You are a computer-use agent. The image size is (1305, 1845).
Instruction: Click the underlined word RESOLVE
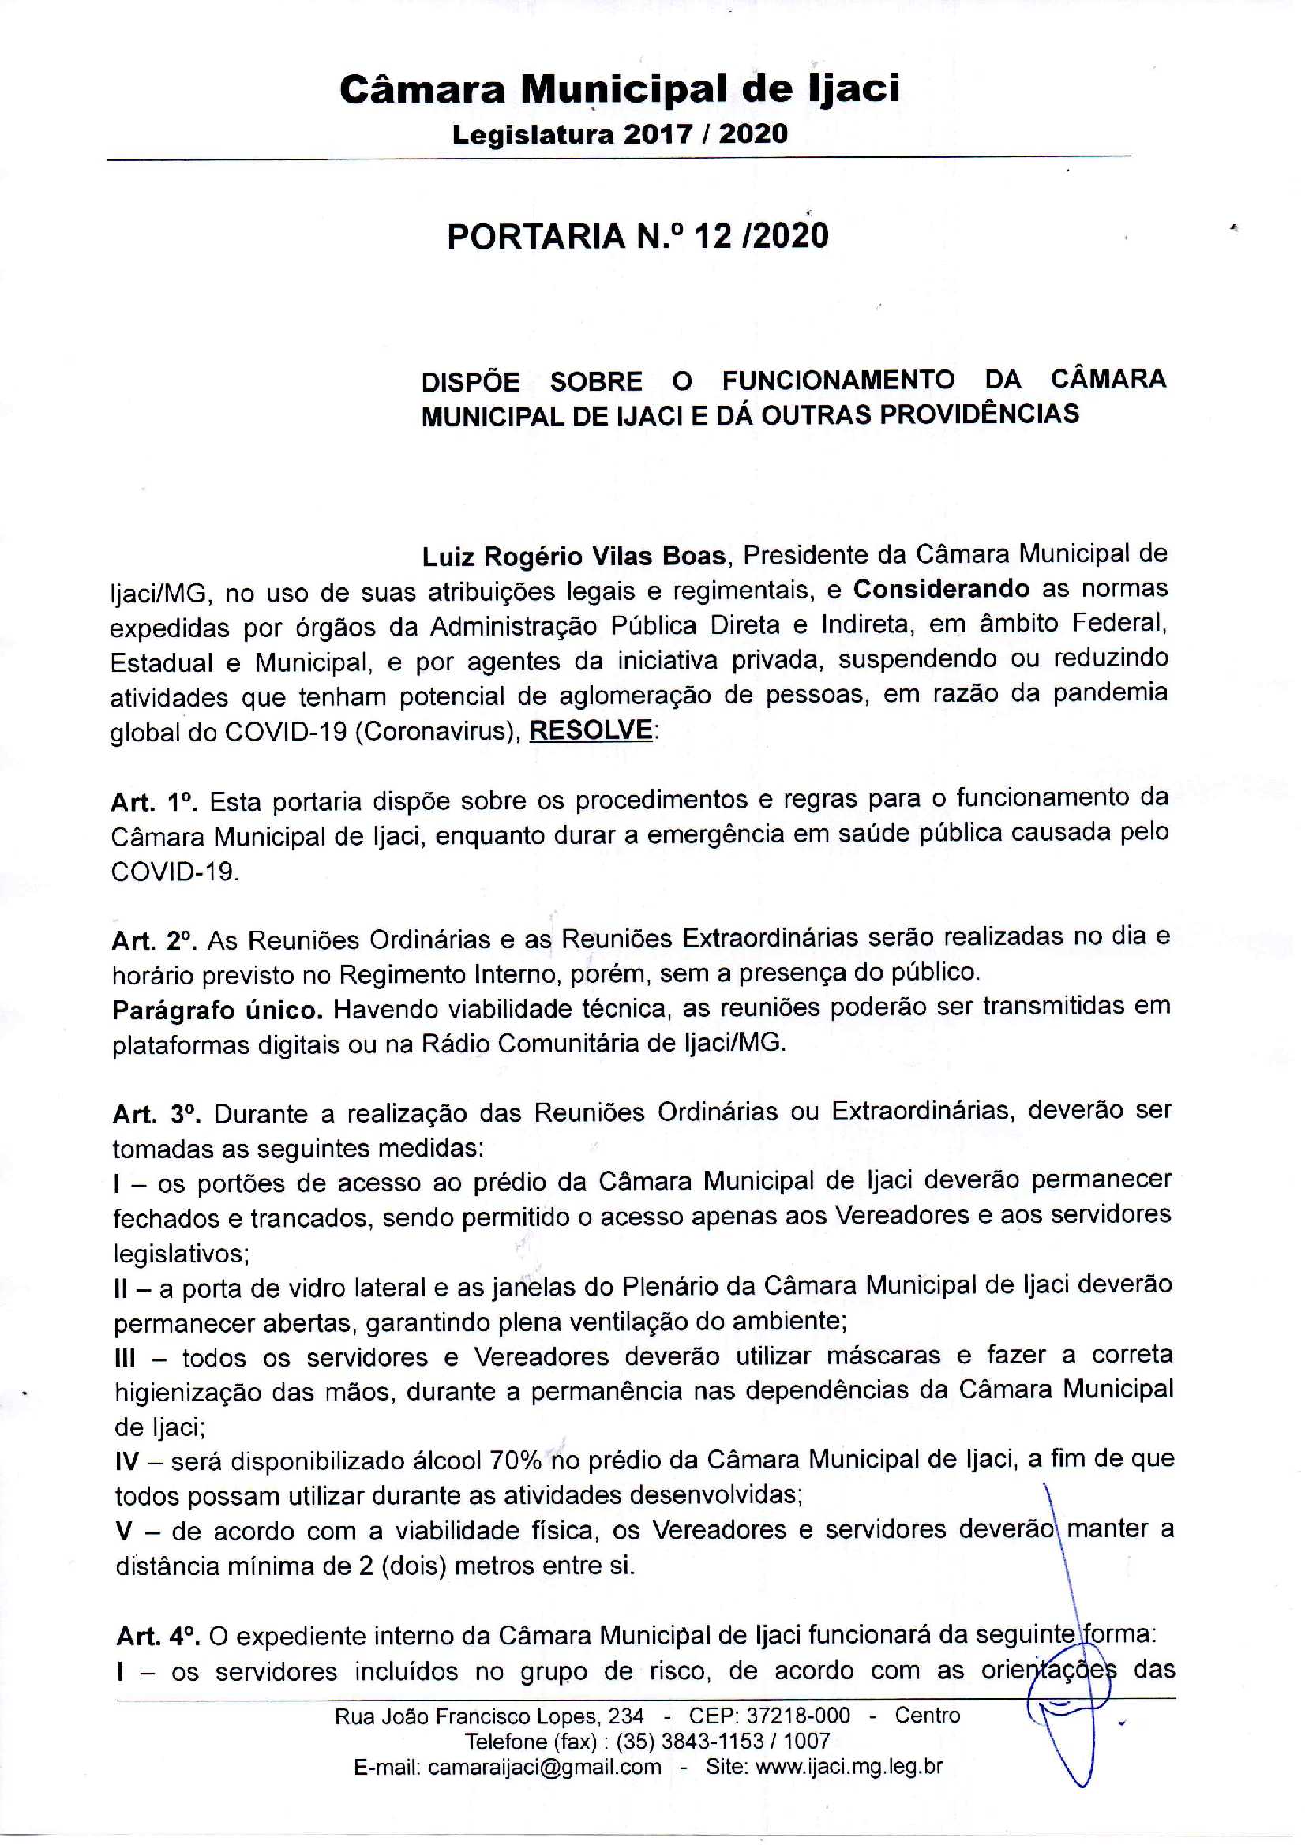(x=591, y=730)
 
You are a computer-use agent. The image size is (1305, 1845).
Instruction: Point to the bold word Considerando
(x=941, y=590)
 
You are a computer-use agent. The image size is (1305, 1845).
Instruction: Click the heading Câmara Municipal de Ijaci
(x=620, y=89)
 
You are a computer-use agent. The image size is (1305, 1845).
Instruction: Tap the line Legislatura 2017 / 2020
(x=620, y=133)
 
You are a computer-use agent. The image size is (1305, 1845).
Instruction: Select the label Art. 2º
(x=155, y=939)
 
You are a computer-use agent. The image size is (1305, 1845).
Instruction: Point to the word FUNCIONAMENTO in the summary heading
(x=838, y=379)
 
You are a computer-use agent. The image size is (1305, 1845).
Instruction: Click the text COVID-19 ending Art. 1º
(x=174, y=872)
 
